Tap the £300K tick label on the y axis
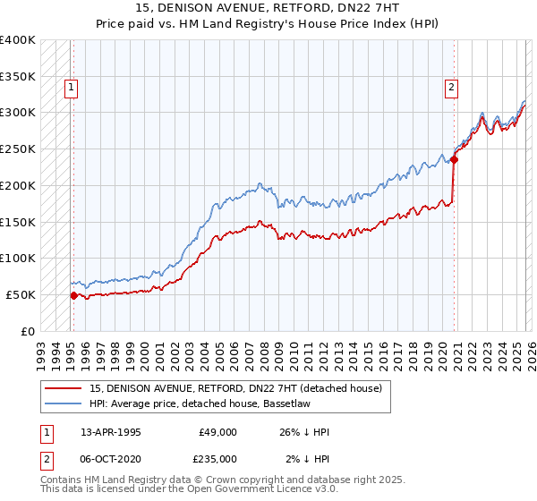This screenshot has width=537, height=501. pos(17,113)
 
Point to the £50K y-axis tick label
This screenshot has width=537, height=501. pos(20,294)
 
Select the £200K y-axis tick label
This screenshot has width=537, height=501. pos(17,185)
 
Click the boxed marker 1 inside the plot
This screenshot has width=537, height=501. pos(71,88)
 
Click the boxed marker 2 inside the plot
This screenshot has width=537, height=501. pos(451,88)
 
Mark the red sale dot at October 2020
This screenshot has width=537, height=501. pos(454,160)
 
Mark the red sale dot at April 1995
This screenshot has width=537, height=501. pos(73,294)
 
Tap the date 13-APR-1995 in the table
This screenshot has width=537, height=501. pos(111,432)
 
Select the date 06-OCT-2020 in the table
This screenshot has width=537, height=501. pos(111,458)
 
